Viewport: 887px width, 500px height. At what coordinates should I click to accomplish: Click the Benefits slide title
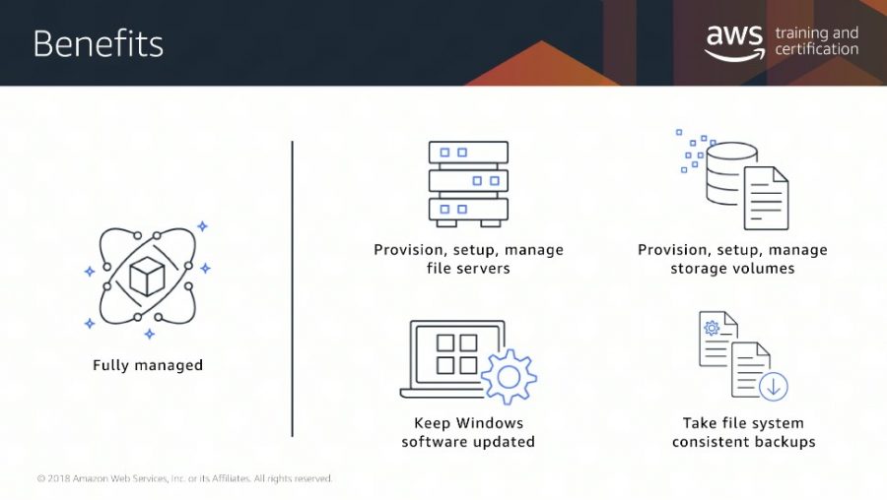[x=98, y=44]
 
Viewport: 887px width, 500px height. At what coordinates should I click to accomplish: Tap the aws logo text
[x=735, y=35]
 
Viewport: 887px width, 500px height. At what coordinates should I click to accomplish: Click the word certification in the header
[x=816, y=49]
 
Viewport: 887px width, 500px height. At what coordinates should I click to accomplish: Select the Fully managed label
[x=148, y=365]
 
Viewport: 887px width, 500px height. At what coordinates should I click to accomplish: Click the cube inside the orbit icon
[x=147, y=277]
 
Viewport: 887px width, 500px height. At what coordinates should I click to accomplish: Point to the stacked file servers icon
[x=468, y=184]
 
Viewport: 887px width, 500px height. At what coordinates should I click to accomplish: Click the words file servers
[x=468, y=269]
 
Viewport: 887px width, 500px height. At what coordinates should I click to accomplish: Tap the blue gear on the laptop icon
[x=509, y=377]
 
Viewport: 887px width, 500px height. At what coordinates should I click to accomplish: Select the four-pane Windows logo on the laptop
[x=456, y=354]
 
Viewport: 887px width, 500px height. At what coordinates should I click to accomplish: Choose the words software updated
[x=468, y=442]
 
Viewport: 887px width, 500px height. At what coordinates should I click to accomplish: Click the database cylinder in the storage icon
[x=731, y=173]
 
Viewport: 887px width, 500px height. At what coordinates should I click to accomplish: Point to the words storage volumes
[x=732, y=269]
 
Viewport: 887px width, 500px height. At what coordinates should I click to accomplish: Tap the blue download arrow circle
[x=774, y=387]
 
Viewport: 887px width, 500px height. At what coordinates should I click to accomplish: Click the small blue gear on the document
[x=712, y=328]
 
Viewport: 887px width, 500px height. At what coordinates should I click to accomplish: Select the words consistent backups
[x=744, y=442]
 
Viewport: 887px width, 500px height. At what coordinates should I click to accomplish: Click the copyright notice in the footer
[x=184, y=478]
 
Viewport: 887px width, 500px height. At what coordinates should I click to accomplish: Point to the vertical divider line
[x=292, y=288]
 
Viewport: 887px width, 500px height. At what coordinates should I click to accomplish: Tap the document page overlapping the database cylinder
[x=766, y=198]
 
